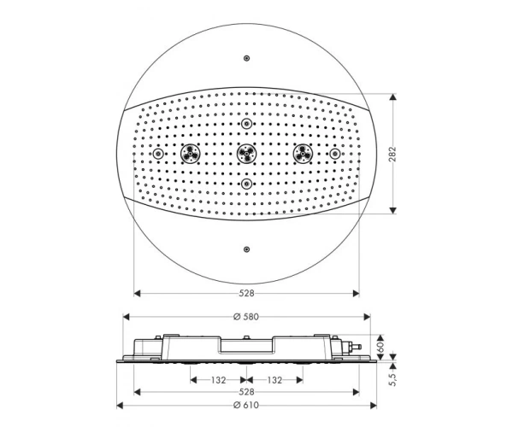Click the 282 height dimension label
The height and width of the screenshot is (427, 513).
click(393, 154)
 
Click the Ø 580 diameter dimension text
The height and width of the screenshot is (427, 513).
click(246, 317)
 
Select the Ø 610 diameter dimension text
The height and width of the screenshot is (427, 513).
click(246, 406)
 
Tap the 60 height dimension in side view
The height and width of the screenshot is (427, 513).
click(380, 348)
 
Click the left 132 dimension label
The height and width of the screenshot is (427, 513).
click(218, 380)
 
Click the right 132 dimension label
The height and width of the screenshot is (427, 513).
click(274, 380)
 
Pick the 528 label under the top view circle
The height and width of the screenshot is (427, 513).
click(246, 294)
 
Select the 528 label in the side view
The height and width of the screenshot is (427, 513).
click(246, 392)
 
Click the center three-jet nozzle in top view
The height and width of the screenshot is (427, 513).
click(247, 154)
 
